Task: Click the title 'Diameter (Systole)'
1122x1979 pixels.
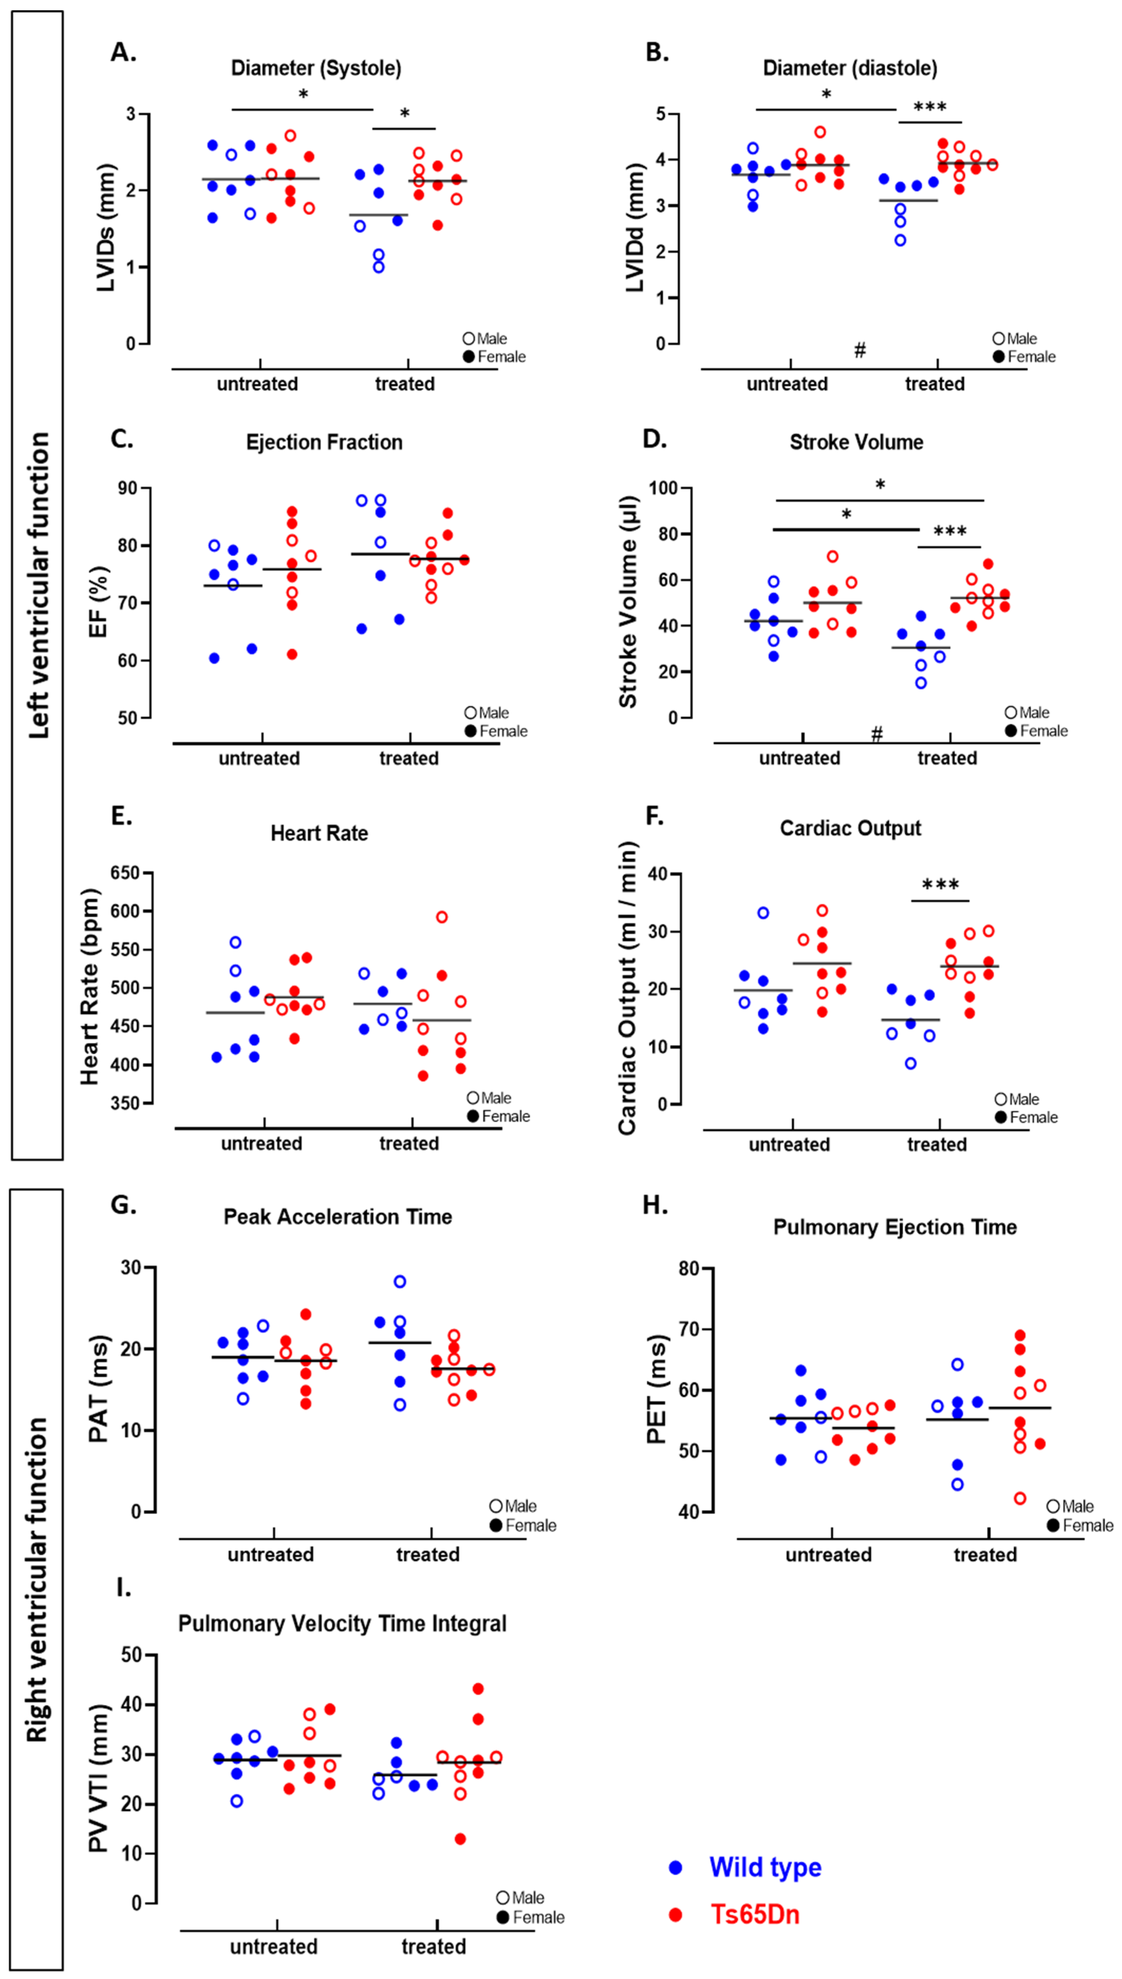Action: point(316,69)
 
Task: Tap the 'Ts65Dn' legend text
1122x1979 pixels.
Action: point(755,1914)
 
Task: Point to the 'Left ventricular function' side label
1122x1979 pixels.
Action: point(39,586)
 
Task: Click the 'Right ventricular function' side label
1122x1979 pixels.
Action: point(37,1580)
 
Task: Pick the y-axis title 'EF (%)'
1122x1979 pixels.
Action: point(99,603)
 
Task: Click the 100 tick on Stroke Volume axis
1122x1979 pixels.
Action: point(663,488)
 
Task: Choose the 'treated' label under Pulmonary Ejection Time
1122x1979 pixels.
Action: point(985,1555)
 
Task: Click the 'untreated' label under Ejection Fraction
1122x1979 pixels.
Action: point(259,758)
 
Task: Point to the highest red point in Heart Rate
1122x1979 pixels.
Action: point(442,917)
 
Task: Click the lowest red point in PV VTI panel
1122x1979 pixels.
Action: point(460,1839)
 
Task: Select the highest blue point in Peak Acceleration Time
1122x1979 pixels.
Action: point(400,1282)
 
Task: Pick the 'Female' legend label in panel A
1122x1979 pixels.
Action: point(501,357)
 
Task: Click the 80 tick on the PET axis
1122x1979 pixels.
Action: point(688,1269)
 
